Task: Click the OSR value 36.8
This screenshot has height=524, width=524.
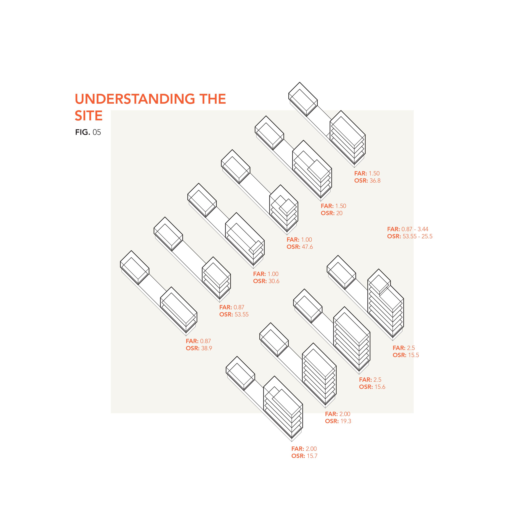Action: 375,181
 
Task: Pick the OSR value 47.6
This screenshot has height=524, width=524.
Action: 307,247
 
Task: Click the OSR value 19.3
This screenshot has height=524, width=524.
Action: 346,421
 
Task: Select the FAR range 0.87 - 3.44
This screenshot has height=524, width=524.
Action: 415,229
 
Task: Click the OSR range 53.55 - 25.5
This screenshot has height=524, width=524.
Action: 417,236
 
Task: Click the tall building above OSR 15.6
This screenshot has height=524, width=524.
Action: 352,339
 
